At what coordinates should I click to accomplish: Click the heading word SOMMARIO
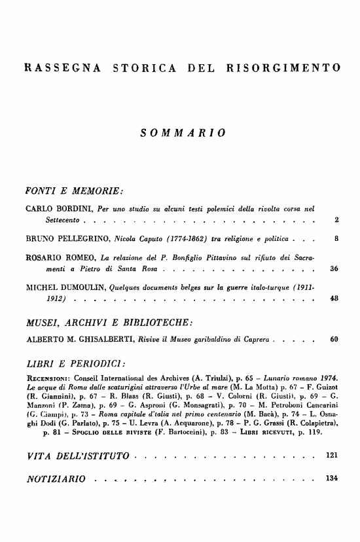coord(184,133)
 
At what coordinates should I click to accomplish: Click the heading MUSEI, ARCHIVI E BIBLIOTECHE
coord(108,323)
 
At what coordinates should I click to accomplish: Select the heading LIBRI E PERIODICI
coord(75,364)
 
